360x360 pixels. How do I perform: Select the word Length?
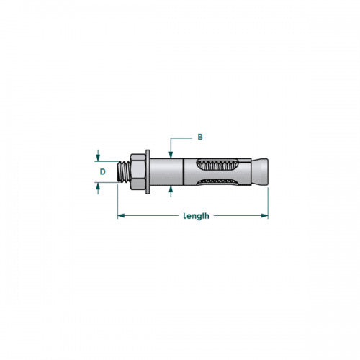tap(195, 215)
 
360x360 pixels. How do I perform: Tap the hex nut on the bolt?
tap(137, 171)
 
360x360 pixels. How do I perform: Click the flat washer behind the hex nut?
tap(148, 171)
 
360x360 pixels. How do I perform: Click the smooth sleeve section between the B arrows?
tap(171, 171)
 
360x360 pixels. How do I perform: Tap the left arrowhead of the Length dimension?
tap(121, 215)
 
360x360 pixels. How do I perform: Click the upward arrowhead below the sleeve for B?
tap(170, 189)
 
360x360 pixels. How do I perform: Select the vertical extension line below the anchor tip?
tap(268, 202)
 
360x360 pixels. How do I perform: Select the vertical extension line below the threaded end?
tap(117, 202)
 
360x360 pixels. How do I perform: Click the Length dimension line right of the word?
tap(238, 215)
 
